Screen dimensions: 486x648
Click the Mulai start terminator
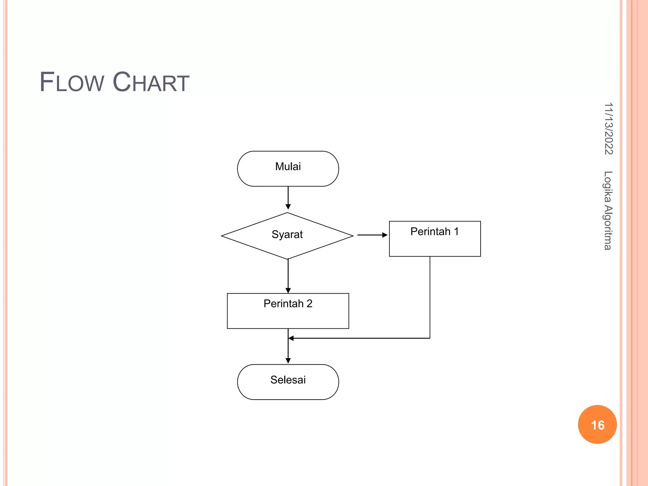(x=288, y=169)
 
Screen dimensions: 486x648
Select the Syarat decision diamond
(x=287, y=236)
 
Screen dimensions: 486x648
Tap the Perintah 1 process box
(x=435, y=239)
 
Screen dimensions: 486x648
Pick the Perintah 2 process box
(x=288, y=311)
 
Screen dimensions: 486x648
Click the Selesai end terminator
(x=288, y=382)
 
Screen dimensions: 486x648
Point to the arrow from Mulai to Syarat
(x=288, y=197)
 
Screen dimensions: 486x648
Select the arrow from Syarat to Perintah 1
(x=372, y=235)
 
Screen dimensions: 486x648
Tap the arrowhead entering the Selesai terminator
(x=288, y=361)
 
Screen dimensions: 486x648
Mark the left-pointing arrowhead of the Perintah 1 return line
(x=291, y=338)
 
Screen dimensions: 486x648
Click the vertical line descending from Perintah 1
(x=430, y=297)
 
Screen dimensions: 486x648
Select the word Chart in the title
(x=151, y=82)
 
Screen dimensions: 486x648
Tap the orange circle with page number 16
(x=597, y=425)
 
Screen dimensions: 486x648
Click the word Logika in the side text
(x=608, y=187)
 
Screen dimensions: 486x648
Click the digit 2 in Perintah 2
(x=309, y=304)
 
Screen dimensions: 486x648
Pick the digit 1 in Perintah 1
(x=456, y=232)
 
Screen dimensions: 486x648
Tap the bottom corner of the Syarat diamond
(x=288, y=259)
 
